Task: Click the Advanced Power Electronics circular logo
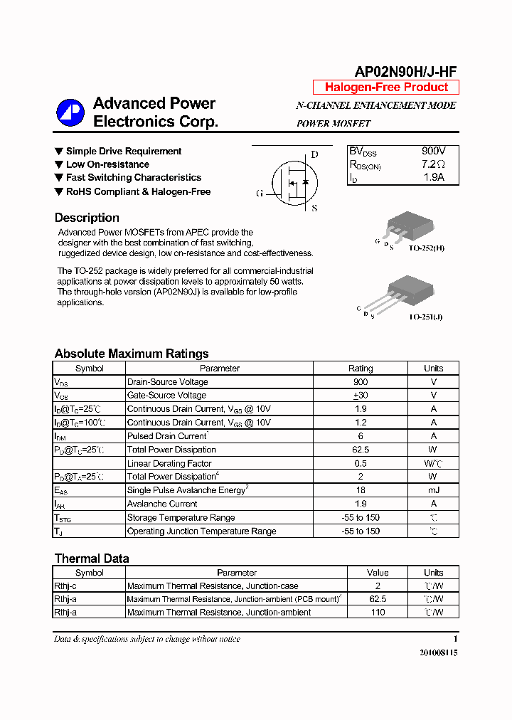point(70,112)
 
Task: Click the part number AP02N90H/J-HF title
point(405,70)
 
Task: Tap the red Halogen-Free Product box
point(386,88)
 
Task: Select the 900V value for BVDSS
point(433,152)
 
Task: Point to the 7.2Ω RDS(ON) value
point(433,164)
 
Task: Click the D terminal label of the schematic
point(314,154)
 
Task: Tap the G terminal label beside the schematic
point(260,193)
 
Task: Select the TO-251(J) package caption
point(425,317)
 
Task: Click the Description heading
point(87,218)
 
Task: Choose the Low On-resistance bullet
point(107,164)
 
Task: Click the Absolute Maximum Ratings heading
point(132,354)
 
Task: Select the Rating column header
point(360,369)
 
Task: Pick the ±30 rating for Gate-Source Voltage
point(360,396)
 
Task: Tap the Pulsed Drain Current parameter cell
point(167,436)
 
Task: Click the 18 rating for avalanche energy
point(360,490)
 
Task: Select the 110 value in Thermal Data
point(378,613)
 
